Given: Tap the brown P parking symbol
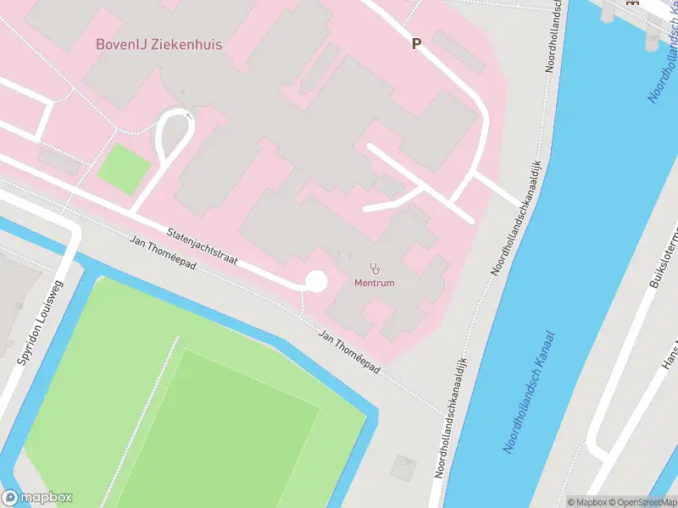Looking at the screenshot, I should tap(416, 44).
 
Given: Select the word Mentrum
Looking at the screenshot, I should tap(374, 283).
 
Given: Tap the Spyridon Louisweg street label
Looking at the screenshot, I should tap(40, 323).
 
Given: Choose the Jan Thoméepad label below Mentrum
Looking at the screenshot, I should tap(348, 352).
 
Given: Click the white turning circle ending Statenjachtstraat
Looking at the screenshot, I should tap(315, 282).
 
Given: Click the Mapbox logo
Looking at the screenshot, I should tap(37, 498).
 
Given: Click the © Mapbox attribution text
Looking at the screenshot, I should tap(586, 502).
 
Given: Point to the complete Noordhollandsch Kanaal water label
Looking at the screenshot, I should tap(531, 391).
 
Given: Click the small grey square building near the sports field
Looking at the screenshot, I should tap(404, 466).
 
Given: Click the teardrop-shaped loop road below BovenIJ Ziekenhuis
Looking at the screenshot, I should tap(173, 135).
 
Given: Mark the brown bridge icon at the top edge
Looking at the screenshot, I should tap(631, 3).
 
